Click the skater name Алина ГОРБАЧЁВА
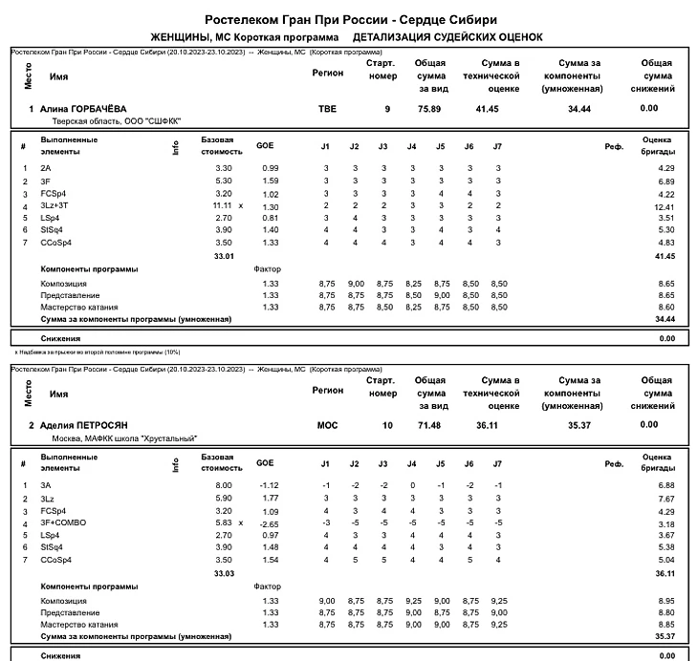point(83,109)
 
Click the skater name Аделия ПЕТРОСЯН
point(84,425)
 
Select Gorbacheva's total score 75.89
point(429,109)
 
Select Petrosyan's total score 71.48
point(429,425)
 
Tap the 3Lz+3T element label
point(55,205)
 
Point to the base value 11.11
point(222,205)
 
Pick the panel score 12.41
point(665,206)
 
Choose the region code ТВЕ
point(327,109)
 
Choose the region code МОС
point(327,425)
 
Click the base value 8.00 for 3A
point(222,485)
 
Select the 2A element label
point(46,168)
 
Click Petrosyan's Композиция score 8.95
point(665,600)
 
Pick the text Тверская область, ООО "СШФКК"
point(116,121)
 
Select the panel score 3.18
point(665,523)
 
